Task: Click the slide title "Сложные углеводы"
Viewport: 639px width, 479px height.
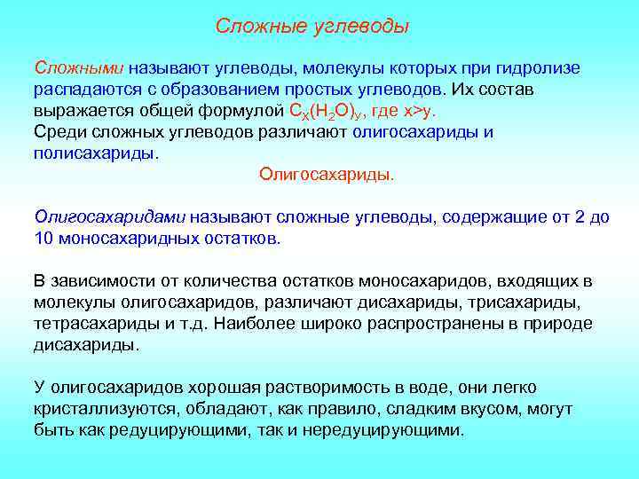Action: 312,27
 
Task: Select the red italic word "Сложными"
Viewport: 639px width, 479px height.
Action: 80,68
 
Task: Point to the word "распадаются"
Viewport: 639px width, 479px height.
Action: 85,90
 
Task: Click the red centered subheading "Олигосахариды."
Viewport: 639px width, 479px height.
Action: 327,174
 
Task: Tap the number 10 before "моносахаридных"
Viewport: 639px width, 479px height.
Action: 43,239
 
